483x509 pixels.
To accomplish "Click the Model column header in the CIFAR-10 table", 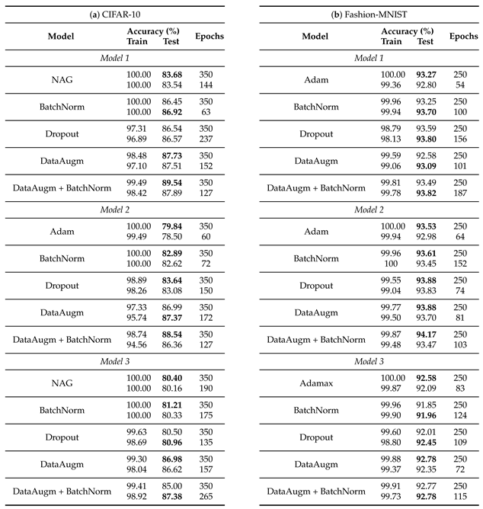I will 61,36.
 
